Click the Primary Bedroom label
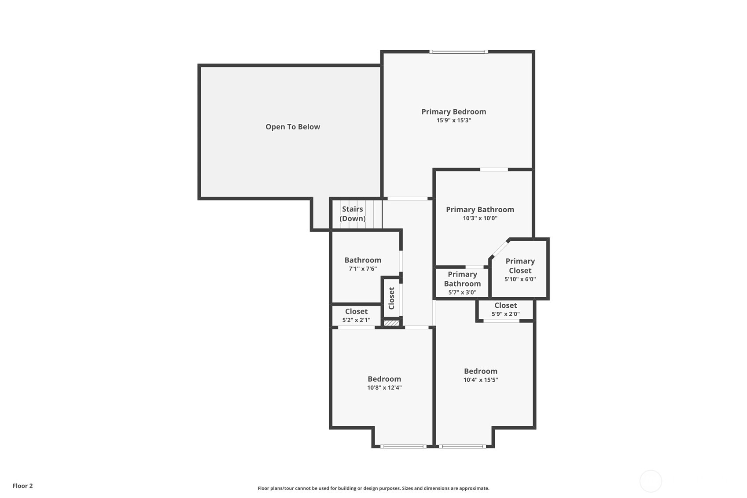(x=453, y=112)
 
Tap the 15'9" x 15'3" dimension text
(x=453, y=120)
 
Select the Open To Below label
(x=293, y=127)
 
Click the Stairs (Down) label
(x=353, y=214)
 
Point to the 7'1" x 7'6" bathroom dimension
(x=363, y=269)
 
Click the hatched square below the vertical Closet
(x=391, y=323)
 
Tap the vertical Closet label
(x=391, y=298)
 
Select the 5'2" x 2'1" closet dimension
(x=356, y=320)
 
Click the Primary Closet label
(x=520, y=266)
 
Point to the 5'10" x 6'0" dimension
(x=520, y=279)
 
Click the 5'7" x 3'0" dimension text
(x=462, y=292)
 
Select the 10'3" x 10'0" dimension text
(x=480, y=218)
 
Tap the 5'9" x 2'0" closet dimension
(x=505, y=314)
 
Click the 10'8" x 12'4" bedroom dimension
(x=384, y=387)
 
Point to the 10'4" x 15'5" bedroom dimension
(x=480, y=380)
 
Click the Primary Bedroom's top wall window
(x=458, y=52)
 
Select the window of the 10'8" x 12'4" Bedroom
(x=403, y=446)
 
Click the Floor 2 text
(x=22, y=486)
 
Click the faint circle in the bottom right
(x=650, y=481)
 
